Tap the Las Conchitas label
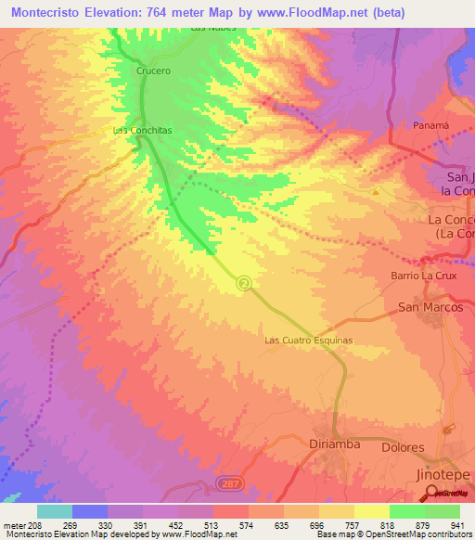(143, 131)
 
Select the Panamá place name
(430, 124)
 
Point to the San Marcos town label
(430, 307)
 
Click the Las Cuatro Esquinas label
(309, 341)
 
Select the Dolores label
(404, 447)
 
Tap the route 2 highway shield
(243, 283)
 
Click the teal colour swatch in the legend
(54, 511)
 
